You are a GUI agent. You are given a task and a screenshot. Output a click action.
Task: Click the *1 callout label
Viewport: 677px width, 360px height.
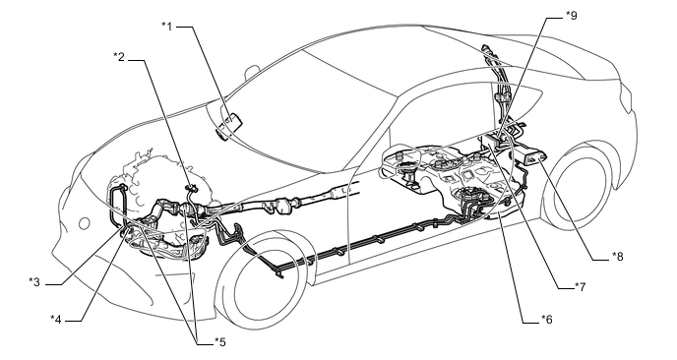coord(167,27)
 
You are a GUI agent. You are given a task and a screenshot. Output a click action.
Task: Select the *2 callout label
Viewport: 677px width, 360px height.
coord(119,56)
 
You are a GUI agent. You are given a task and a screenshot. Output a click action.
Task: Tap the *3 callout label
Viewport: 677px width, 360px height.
coord(34,282)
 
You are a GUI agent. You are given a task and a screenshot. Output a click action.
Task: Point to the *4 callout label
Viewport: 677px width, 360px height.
coord(56,319)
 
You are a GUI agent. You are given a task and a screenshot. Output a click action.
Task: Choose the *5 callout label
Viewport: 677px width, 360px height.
coord(220,342)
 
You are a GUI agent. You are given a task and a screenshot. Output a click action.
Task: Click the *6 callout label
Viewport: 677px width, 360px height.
coord(546,319)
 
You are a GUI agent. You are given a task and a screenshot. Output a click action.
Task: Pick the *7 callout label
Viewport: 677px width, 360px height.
coord(580,286)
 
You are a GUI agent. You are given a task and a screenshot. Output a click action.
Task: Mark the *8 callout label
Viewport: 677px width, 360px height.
coord(617,257)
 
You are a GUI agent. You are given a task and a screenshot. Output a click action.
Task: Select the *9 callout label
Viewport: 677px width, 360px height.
coord(571,16)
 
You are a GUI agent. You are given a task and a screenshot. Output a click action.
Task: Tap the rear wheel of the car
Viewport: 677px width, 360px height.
coord(578,186)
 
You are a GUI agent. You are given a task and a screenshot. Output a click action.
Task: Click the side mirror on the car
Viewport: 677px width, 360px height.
coord(251,72)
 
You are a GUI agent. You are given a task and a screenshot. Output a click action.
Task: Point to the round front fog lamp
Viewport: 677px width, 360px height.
coord(85,223)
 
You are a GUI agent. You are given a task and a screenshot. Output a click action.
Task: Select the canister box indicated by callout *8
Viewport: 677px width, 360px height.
coord(533,155)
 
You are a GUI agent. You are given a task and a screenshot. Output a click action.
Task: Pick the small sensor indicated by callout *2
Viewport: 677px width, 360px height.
coord(191,188)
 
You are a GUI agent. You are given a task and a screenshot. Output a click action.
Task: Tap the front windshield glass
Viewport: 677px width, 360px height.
coord(293,112)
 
